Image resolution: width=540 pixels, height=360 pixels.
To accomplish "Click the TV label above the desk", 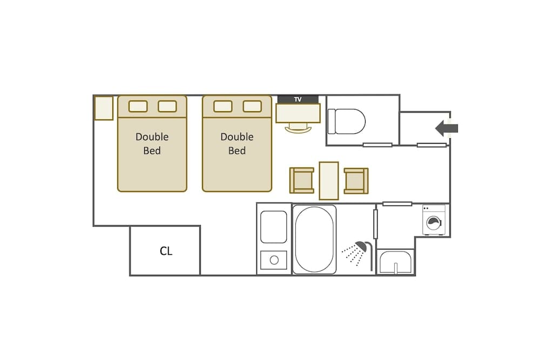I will tap(298, 99).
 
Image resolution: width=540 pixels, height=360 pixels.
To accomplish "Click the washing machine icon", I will tap(434, 221).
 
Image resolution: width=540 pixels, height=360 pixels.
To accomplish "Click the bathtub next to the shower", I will tap(314, 239).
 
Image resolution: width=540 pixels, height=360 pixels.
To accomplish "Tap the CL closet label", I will tap(166, 251).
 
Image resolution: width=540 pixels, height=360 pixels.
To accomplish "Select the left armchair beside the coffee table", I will tap(302, 180).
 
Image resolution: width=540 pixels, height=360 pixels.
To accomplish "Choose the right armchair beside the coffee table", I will tap(356, 180).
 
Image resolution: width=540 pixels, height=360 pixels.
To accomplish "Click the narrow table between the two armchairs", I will tap(329, 180).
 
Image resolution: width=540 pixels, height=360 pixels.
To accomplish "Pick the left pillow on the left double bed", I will tap(138, 106).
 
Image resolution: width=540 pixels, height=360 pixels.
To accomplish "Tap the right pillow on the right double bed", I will tap(252, 106).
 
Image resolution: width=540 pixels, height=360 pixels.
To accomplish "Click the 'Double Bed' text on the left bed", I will tap(152, 144).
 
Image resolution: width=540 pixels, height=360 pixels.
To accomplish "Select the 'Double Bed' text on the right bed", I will tap(237, 144).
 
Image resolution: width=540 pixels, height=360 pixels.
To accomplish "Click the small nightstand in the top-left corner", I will tap(104, 108).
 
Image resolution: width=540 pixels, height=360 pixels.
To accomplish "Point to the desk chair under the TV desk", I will tap(298, 128).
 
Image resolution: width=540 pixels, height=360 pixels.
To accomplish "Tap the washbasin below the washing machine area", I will tap(395, 263).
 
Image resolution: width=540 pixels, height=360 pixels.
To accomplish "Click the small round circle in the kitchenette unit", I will tap(274, 260).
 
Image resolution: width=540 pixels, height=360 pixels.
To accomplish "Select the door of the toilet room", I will tap(377, 145).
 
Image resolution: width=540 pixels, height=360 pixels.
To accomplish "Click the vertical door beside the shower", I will tap(375, 224).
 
